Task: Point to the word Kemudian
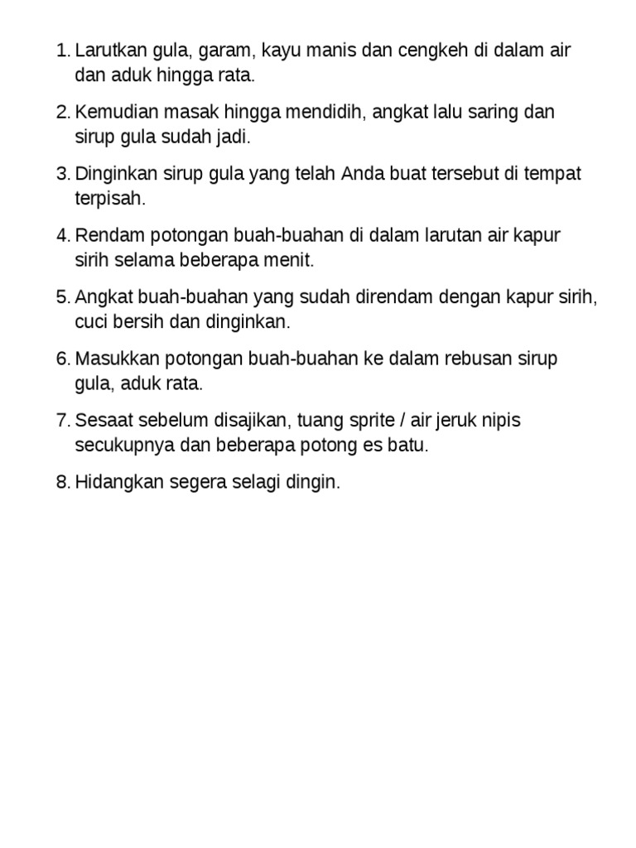click(x=111, y=113)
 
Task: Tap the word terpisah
click(x=108, y=199)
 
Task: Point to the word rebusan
click(x=475, y=359)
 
